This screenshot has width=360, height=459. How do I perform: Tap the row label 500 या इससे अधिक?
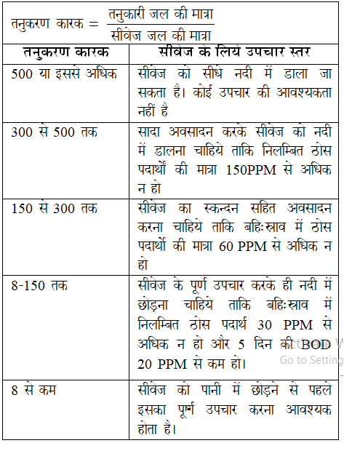pos(65,73)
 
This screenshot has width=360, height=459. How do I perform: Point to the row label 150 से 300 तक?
pos(55,208)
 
